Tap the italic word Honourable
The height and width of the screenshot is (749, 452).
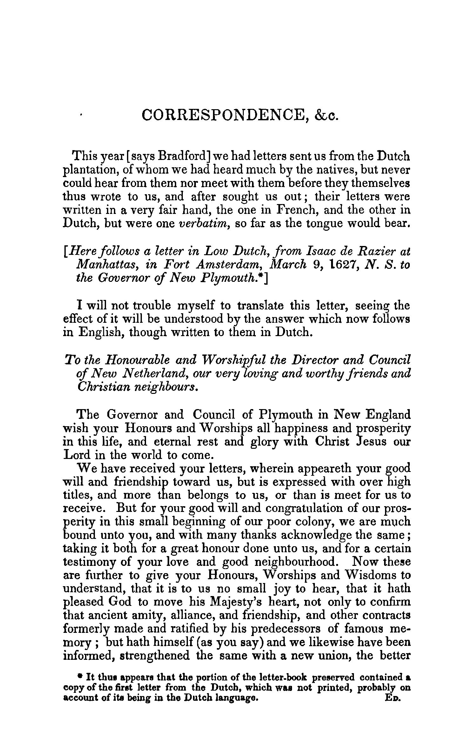pos(137,360)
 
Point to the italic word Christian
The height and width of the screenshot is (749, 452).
pos(97,387)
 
